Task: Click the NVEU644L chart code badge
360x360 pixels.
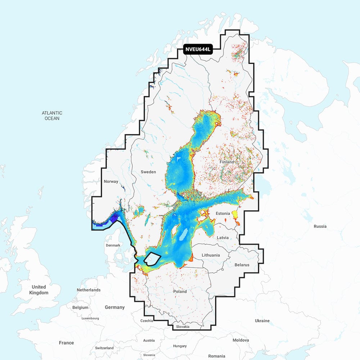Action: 198,50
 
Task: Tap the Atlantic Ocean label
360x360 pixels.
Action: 52,116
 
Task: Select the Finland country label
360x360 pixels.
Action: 227,162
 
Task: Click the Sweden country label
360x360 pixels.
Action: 148,172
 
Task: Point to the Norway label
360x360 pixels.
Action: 111,181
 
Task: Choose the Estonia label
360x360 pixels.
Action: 222,213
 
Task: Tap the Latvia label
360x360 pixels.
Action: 222,238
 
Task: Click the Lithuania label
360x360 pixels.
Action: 211,255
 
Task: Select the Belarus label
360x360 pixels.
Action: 242,265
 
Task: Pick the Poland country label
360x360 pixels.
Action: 180,292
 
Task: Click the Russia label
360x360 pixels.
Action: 320,226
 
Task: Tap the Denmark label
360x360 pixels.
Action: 113,245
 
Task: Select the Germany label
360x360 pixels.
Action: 114,307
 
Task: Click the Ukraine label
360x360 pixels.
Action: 262,321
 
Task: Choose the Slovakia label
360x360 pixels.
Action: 183,327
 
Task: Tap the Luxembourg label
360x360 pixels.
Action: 90,319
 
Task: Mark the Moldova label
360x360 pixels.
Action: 240,340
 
